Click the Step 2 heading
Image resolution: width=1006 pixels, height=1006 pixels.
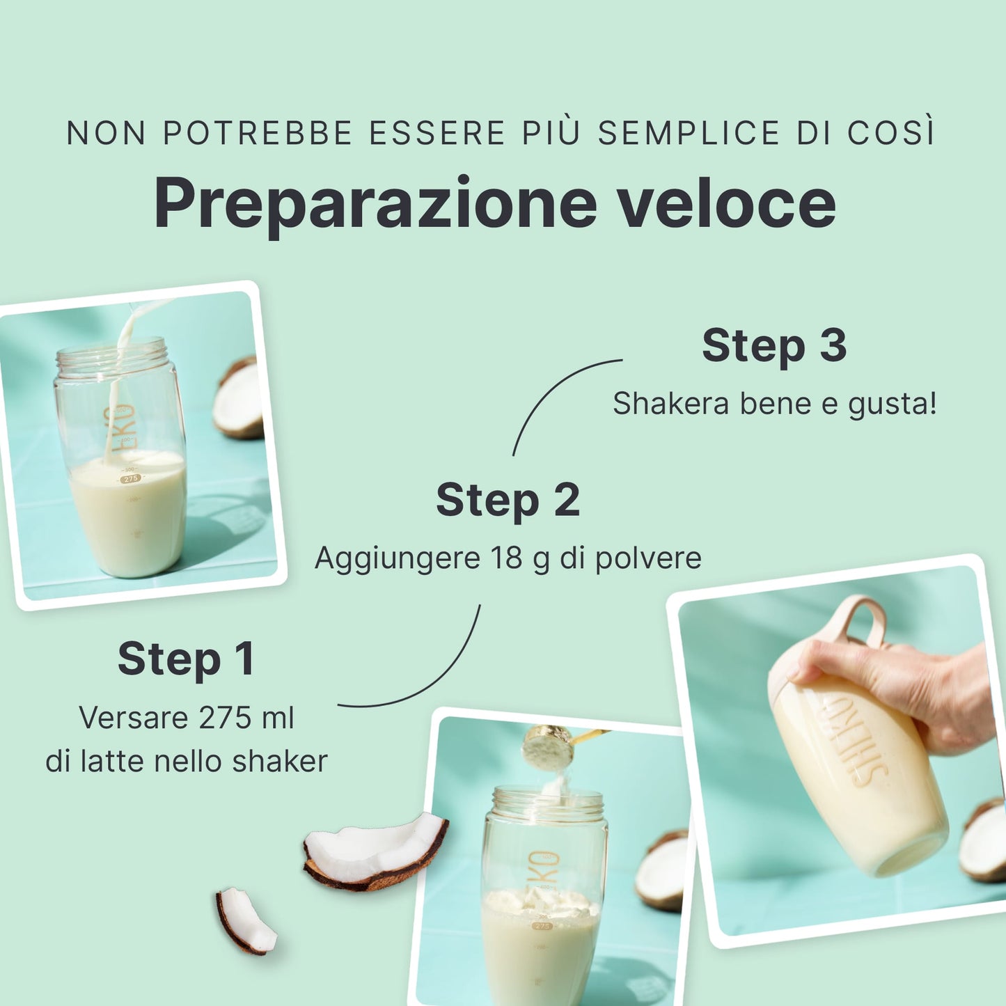click(x=508, y=501)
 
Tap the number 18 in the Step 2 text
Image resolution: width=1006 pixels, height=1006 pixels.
click(x=507, y=558)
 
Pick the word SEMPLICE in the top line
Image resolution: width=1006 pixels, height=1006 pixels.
click(x=689, y=133)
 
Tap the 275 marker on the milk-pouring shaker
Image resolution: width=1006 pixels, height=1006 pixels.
click(x=130, y=478)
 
